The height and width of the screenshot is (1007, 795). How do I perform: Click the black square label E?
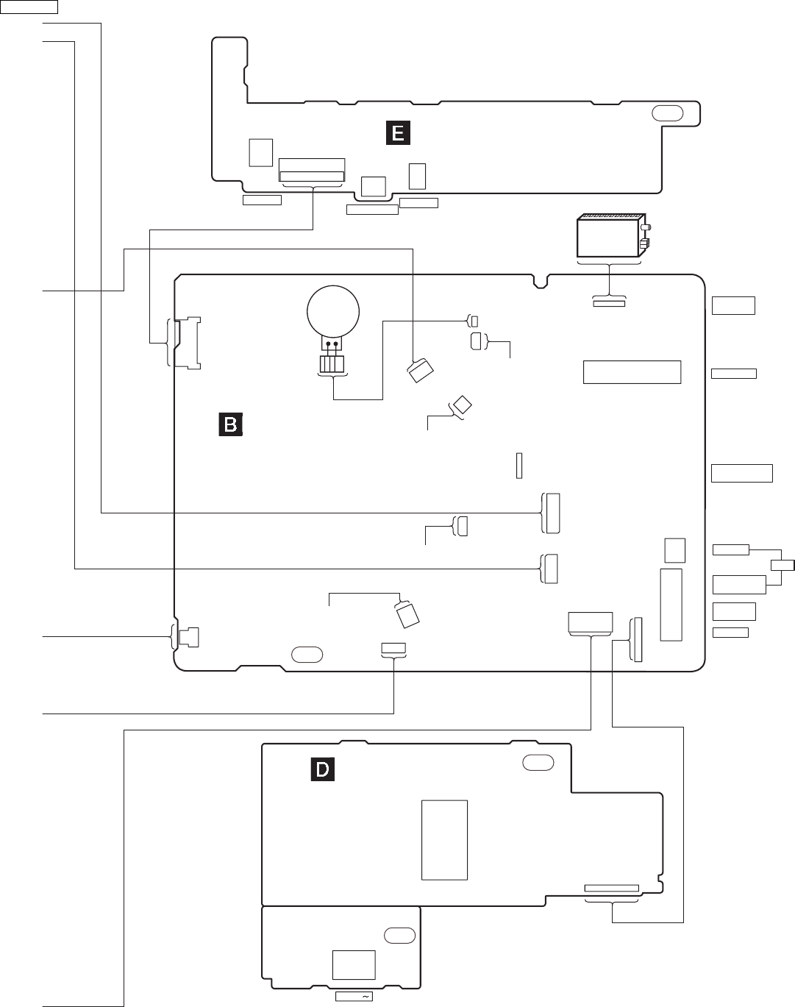(x=398, y=132)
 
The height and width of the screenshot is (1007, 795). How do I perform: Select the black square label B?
(x=230, y=424)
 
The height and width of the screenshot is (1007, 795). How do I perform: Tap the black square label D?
(x=322, y=769)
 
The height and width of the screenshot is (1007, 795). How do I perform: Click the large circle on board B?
(x=333, y=312)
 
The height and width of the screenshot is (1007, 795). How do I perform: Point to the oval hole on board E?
(x=666, y=113)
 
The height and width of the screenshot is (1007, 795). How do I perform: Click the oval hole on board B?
(x=307, y=653)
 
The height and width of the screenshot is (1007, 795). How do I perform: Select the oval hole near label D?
(x=538, y=763)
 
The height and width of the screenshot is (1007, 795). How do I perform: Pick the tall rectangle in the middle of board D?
(x=444, y=839)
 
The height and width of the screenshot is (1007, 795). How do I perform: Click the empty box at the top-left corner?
(x=29, y=7)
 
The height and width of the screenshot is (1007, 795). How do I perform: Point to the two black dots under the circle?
(x=332, y=344)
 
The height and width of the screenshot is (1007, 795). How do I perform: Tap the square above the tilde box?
(x=354, y=964)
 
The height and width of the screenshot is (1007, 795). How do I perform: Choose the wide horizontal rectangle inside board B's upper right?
(x=632, y=371)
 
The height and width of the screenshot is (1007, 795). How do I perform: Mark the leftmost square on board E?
(x=260, y=152)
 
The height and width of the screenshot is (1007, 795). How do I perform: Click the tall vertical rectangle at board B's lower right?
(x=671, y=604)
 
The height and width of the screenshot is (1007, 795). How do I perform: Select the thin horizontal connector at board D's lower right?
(x=611, y=888)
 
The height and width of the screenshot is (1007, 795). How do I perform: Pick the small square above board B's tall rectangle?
(x=674, y=549)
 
